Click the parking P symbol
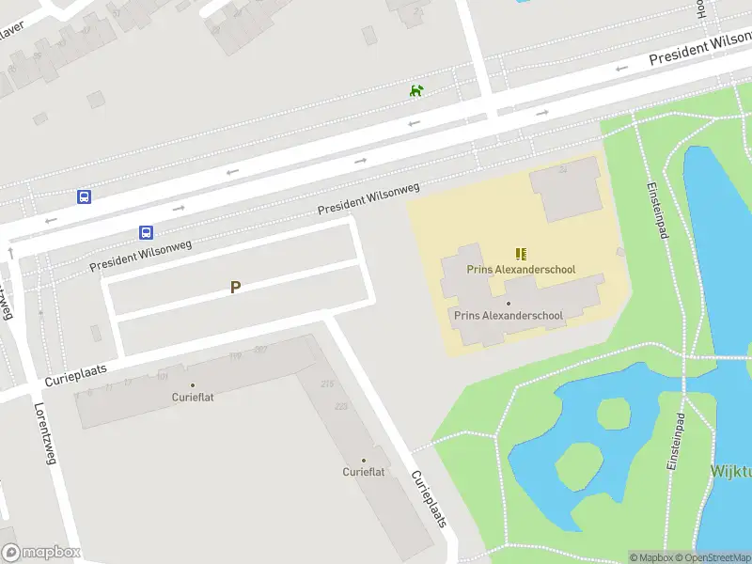235,288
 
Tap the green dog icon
416,90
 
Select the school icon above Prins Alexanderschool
521,254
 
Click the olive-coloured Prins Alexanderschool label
521,270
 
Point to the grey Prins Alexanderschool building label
509,316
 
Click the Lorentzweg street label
45,433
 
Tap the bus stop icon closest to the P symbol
146,232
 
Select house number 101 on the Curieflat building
163,376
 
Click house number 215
327,384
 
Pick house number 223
340,406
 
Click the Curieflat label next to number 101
193,397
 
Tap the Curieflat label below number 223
364,471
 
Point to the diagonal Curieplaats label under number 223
429,498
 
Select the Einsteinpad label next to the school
656,209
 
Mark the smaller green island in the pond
613,412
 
